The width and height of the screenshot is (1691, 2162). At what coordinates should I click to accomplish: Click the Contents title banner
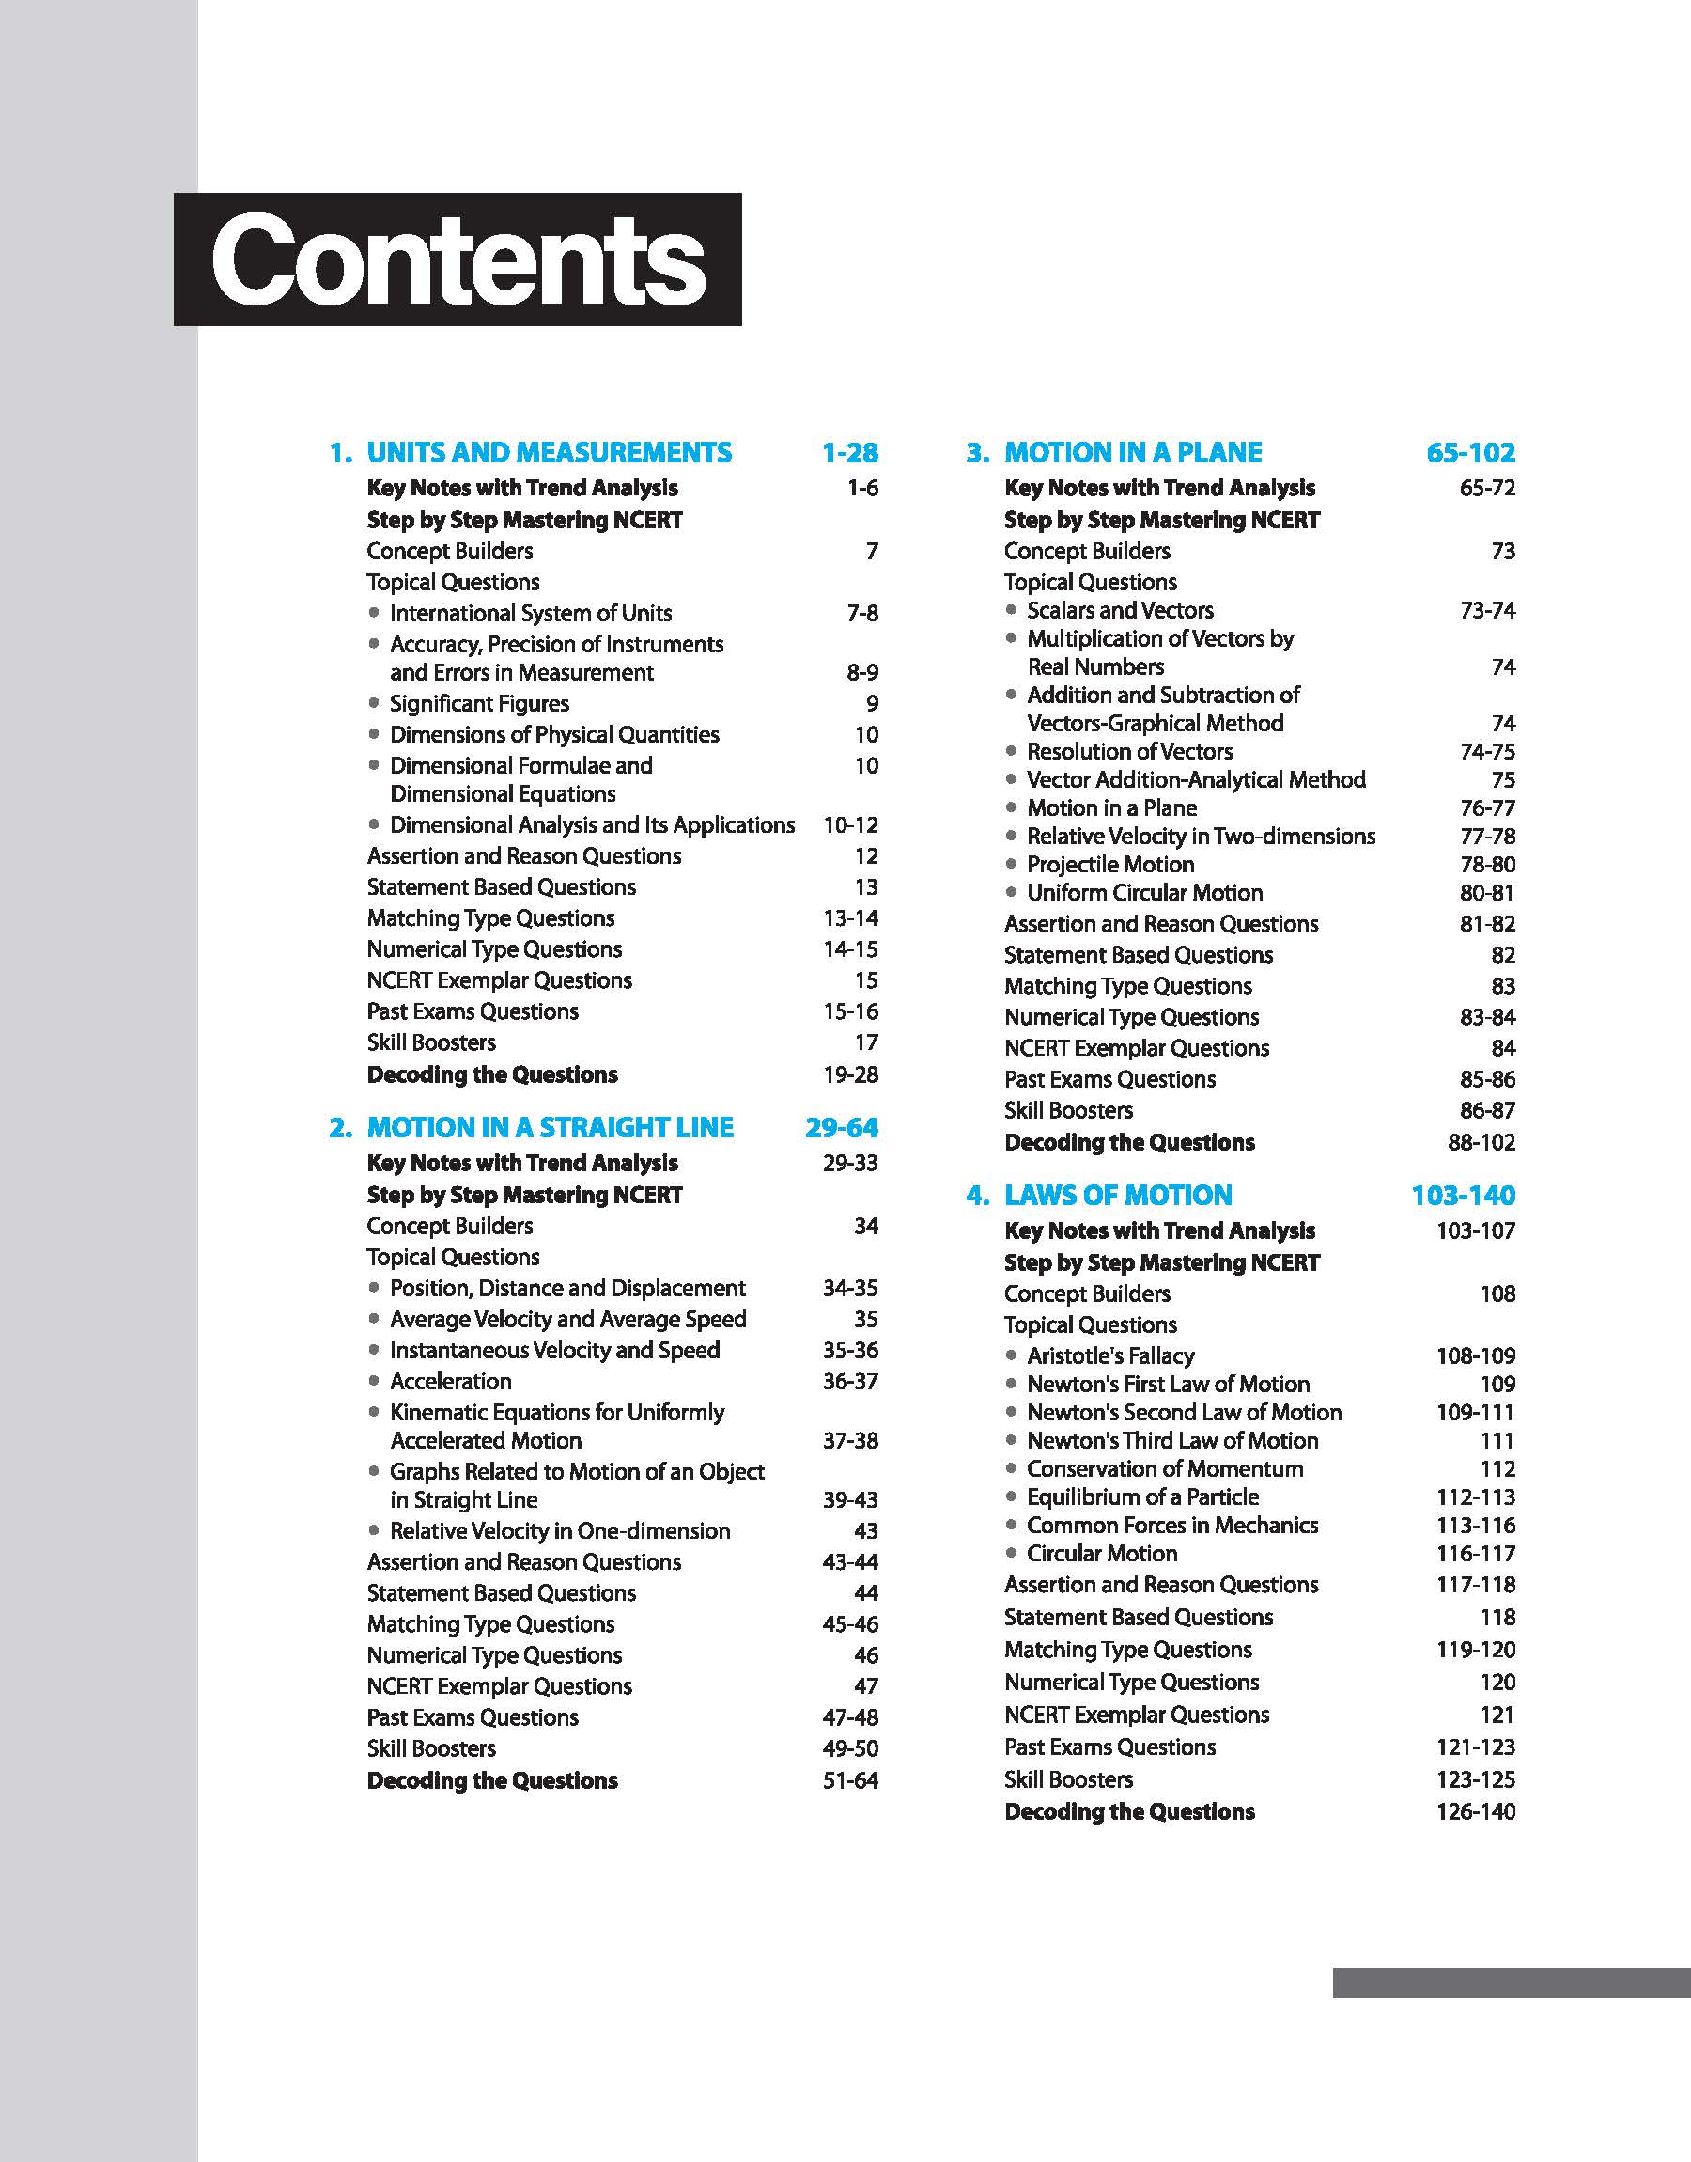click(x=458, y=259)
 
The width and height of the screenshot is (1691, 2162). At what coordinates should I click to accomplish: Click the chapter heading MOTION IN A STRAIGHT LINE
click(x=550, y=1127)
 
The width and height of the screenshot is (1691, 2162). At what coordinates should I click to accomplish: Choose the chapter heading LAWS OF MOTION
click(x=1118, y=1195)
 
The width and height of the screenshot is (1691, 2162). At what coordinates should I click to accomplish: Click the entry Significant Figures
click(x=479, y=703)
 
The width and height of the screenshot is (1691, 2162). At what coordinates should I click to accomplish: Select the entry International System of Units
click(x=531, y=613)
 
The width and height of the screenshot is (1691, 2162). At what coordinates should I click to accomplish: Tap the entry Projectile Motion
click(x=1109, y=864)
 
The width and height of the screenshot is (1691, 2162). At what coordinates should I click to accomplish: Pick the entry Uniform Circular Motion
click(x=1144, y=892)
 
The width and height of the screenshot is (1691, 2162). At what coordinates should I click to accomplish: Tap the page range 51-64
click(x=849, y=1779)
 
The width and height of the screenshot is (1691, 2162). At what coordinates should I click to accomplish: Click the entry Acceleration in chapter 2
click(x=451, y=1381)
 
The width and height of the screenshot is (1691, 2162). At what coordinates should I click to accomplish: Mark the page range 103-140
click(x=1463, y=1195)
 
